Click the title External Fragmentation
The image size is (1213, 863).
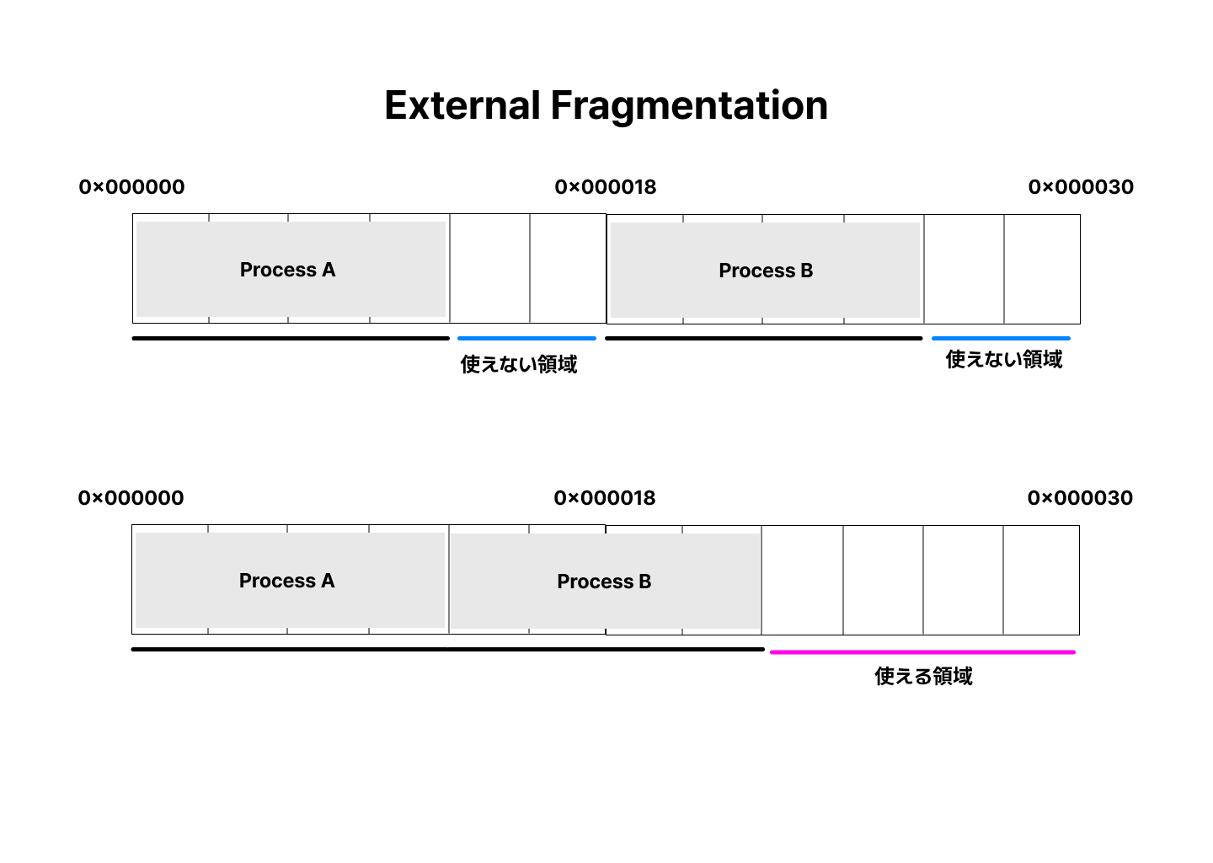606,105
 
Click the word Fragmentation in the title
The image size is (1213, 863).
689,105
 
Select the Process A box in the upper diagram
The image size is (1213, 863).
291,270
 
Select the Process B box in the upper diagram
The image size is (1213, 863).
765,271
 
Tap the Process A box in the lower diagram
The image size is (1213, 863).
290,581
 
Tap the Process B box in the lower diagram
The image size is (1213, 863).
605,582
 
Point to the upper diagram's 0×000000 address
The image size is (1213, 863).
132,187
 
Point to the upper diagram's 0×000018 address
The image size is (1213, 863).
606,187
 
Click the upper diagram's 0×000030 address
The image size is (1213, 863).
1081,187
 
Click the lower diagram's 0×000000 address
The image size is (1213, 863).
131,498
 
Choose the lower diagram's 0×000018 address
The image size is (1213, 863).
605,498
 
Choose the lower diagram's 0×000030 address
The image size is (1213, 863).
1080,498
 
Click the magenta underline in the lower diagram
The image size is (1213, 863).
922,651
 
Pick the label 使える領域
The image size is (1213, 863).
923,676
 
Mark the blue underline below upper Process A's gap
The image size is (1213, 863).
526,338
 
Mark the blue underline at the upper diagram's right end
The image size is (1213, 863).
1001,338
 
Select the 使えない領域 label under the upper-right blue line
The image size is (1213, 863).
1004,360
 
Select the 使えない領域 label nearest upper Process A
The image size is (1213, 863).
519,364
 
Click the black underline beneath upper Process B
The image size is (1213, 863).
763,338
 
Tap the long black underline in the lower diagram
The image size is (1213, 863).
447,649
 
